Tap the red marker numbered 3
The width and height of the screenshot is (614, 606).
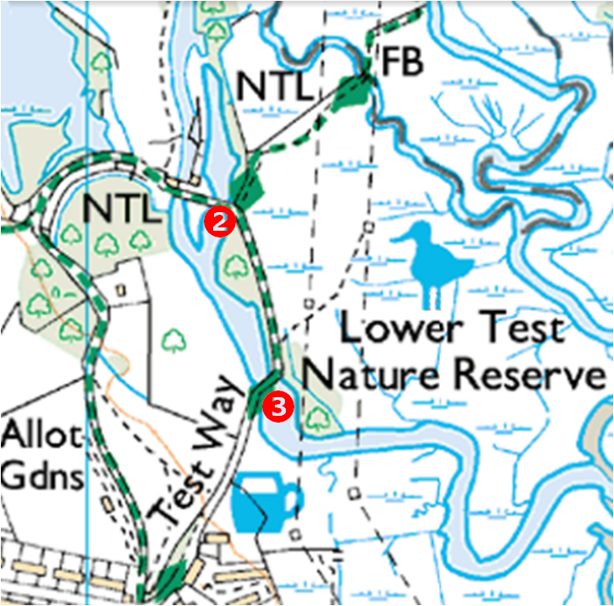pyautogui.click(x=278, y=407)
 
